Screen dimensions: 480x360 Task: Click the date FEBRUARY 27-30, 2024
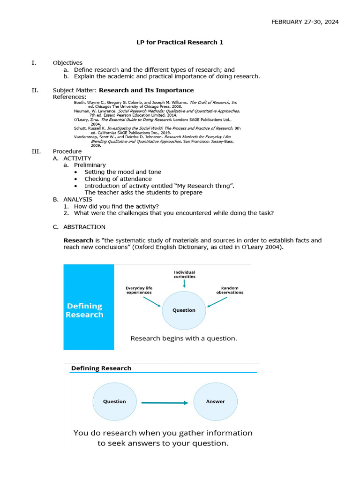305,22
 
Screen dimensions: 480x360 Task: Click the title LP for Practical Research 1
180,42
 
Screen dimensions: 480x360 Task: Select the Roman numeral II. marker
35,90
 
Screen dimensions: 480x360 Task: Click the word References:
69,97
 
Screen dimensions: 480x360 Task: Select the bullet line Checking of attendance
118,179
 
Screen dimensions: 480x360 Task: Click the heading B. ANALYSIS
72,199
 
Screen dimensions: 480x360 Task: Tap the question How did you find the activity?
116,206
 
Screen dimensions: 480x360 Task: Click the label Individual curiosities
184,274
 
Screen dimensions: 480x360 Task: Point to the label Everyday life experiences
139,290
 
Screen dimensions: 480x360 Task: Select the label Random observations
230,290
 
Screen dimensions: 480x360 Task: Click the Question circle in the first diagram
184,310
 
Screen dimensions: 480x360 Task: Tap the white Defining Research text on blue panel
85,310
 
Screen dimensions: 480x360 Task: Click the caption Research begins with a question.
184,338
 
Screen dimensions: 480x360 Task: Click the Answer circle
216,401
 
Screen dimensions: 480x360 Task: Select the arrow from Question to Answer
165,402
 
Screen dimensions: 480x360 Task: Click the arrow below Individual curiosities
184,283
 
